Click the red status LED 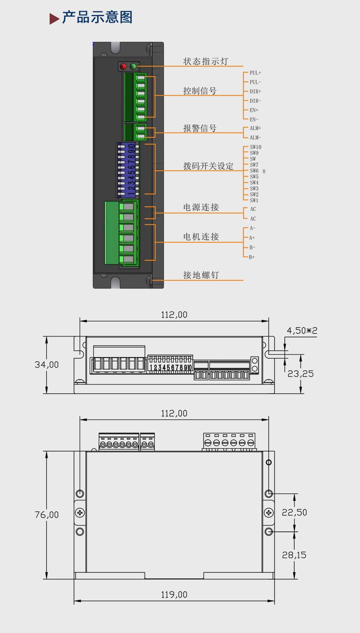click(123, 66)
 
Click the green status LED click(133, 66)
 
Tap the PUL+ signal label click(255, 73)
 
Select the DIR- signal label click(255, 101)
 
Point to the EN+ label click(254, 110)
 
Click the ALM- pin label click(255, 138)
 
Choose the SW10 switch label click(256, 147)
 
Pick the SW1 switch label click(254, 201)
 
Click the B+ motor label click(252, 257)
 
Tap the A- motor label click(252, 228)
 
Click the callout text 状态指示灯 click(205, 61)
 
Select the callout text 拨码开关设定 click(208, 166)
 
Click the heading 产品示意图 click(97, 18)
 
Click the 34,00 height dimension click(47, 365)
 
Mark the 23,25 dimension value click(300, 373)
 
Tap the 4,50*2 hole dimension click(302, 331)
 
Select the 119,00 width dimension click(174, 595)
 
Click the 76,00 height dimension click(47, 514)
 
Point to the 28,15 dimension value click(294, 555)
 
